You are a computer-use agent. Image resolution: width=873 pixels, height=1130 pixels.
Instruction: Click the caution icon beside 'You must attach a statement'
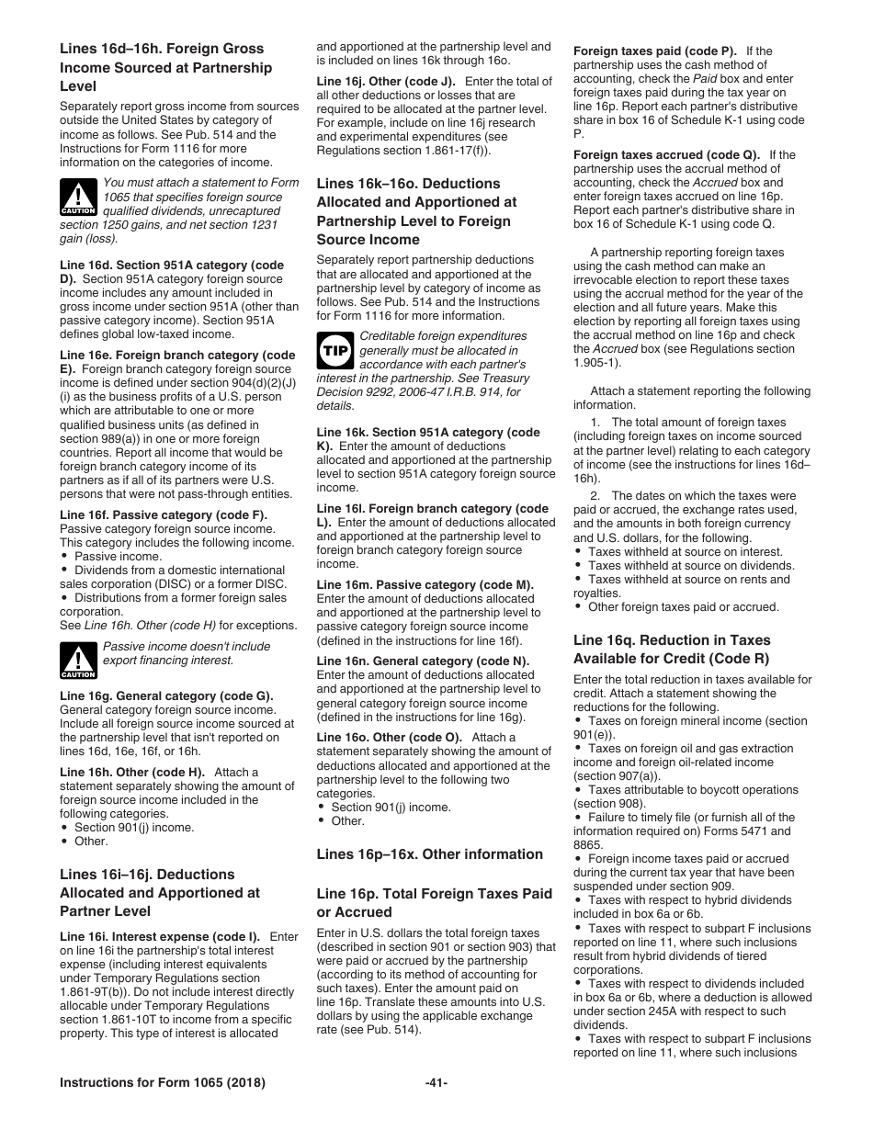click(x=78, y=197)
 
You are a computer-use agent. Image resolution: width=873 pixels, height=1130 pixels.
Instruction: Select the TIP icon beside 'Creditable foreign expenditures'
click(x=334, y=350)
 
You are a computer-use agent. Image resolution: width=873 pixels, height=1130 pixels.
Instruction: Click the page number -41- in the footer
click(x=436, y=1083)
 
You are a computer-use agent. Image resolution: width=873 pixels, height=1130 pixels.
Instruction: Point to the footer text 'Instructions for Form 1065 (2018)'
click(x=163, y=1083)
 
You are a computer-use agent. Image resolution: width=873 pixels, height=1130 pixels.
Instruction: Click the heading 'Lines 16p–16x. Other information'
click(x=429, y=854)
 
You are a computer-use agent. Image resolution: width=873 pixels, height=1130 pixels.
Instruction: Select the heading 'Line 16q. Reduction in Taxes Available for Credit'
click(x=672, y=649)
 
